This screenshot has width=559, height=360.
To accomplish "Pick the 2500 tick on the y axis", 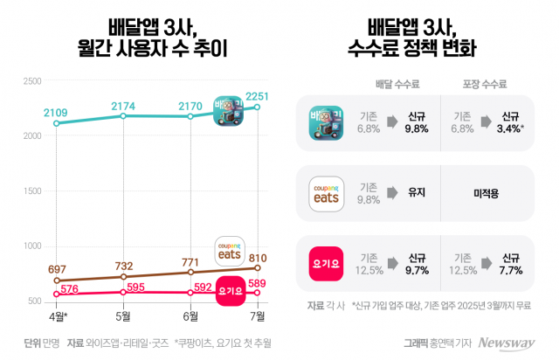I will coord(32,81).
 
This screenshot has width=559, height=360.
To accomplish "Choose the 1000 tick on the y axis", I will coord(32,246).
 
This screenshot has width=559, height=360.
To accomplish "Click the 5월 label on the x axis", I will coord(123,315).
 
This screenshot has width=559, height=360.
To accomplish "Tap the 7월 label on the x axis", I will coord(258,315).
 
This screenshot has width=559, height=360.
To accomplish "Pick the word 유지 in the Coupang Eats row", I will coord(416,192).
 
